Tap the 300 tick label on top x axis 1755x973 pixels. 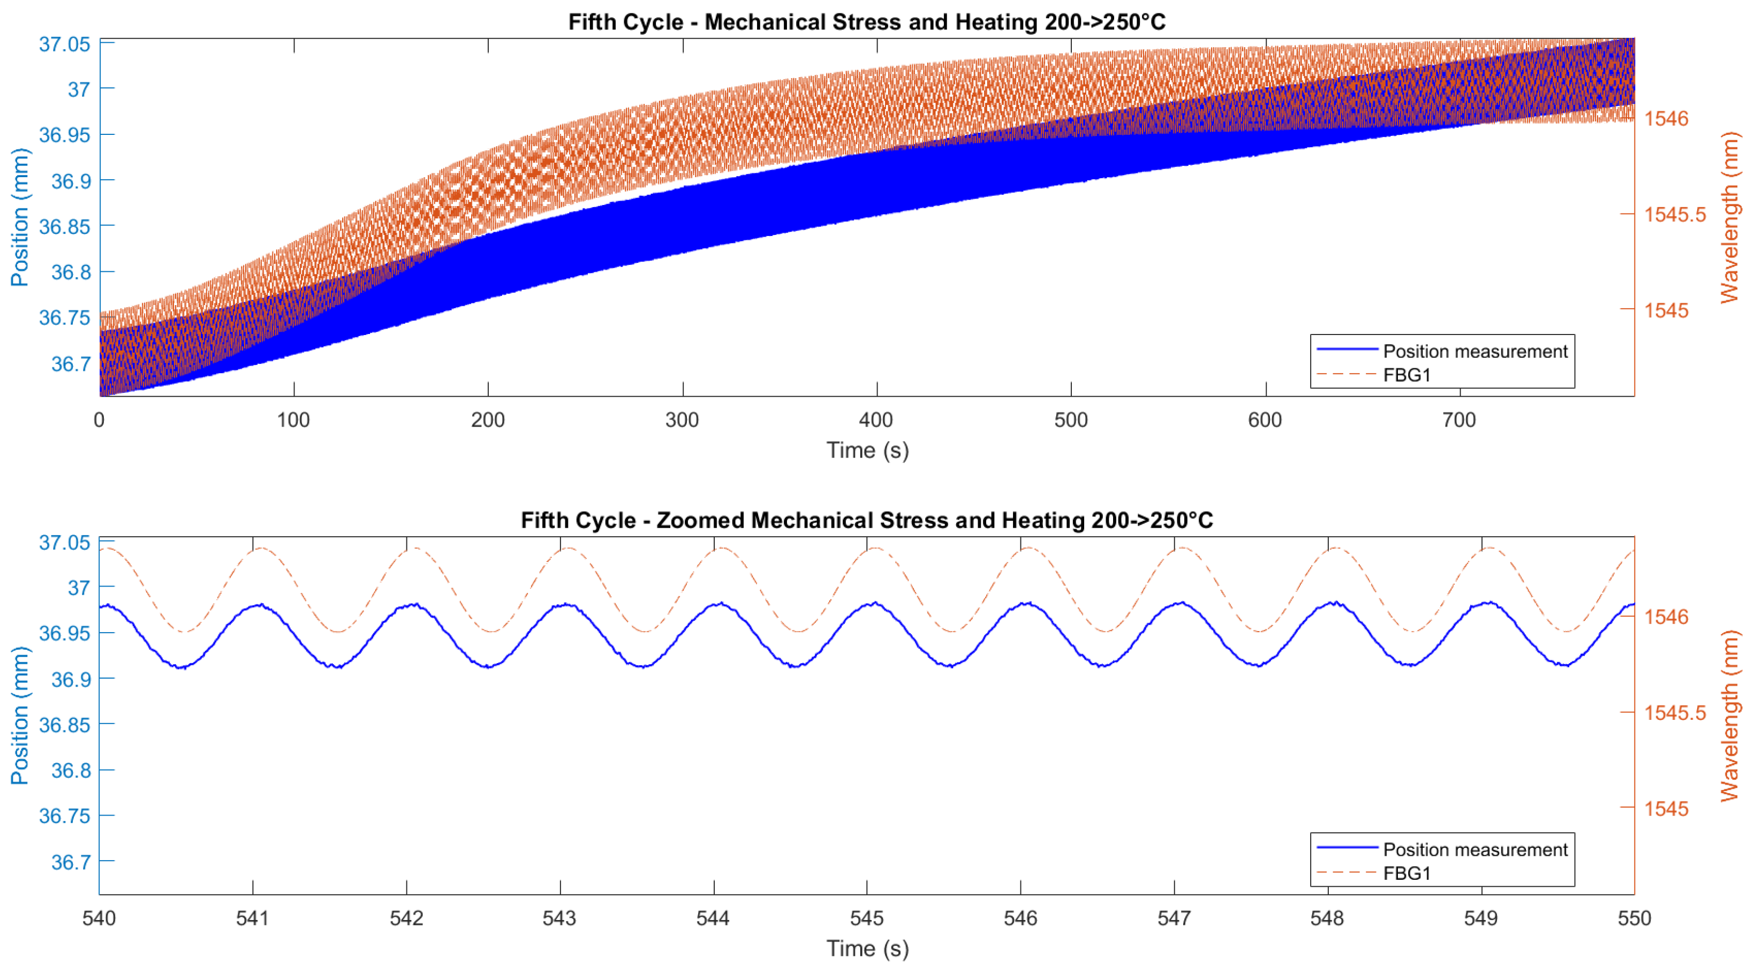(682, 420)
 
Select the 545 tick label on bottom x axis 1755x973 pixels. (867, 918)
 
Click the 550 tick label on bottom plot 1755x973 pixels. (1633, 918)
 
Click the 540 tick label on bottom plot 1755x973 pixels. (100, 918)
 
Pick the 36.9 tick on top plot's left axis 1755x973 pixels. (71, 181)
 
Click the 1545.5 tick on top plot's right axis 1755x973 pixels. (1675, 215)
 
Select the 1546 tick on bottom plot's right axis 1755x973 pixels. (1667, 617)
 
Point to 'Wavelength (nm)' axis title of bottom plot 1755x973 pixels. (1729, 715)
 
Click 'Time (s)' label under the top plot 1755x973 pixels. (867, 450)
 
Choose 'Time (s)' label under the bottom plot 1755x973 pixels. (867, 948)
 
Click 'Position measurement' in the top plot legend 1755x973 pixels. (1474, 351)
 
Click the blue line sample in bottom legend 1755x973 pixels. (1347, 848)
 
